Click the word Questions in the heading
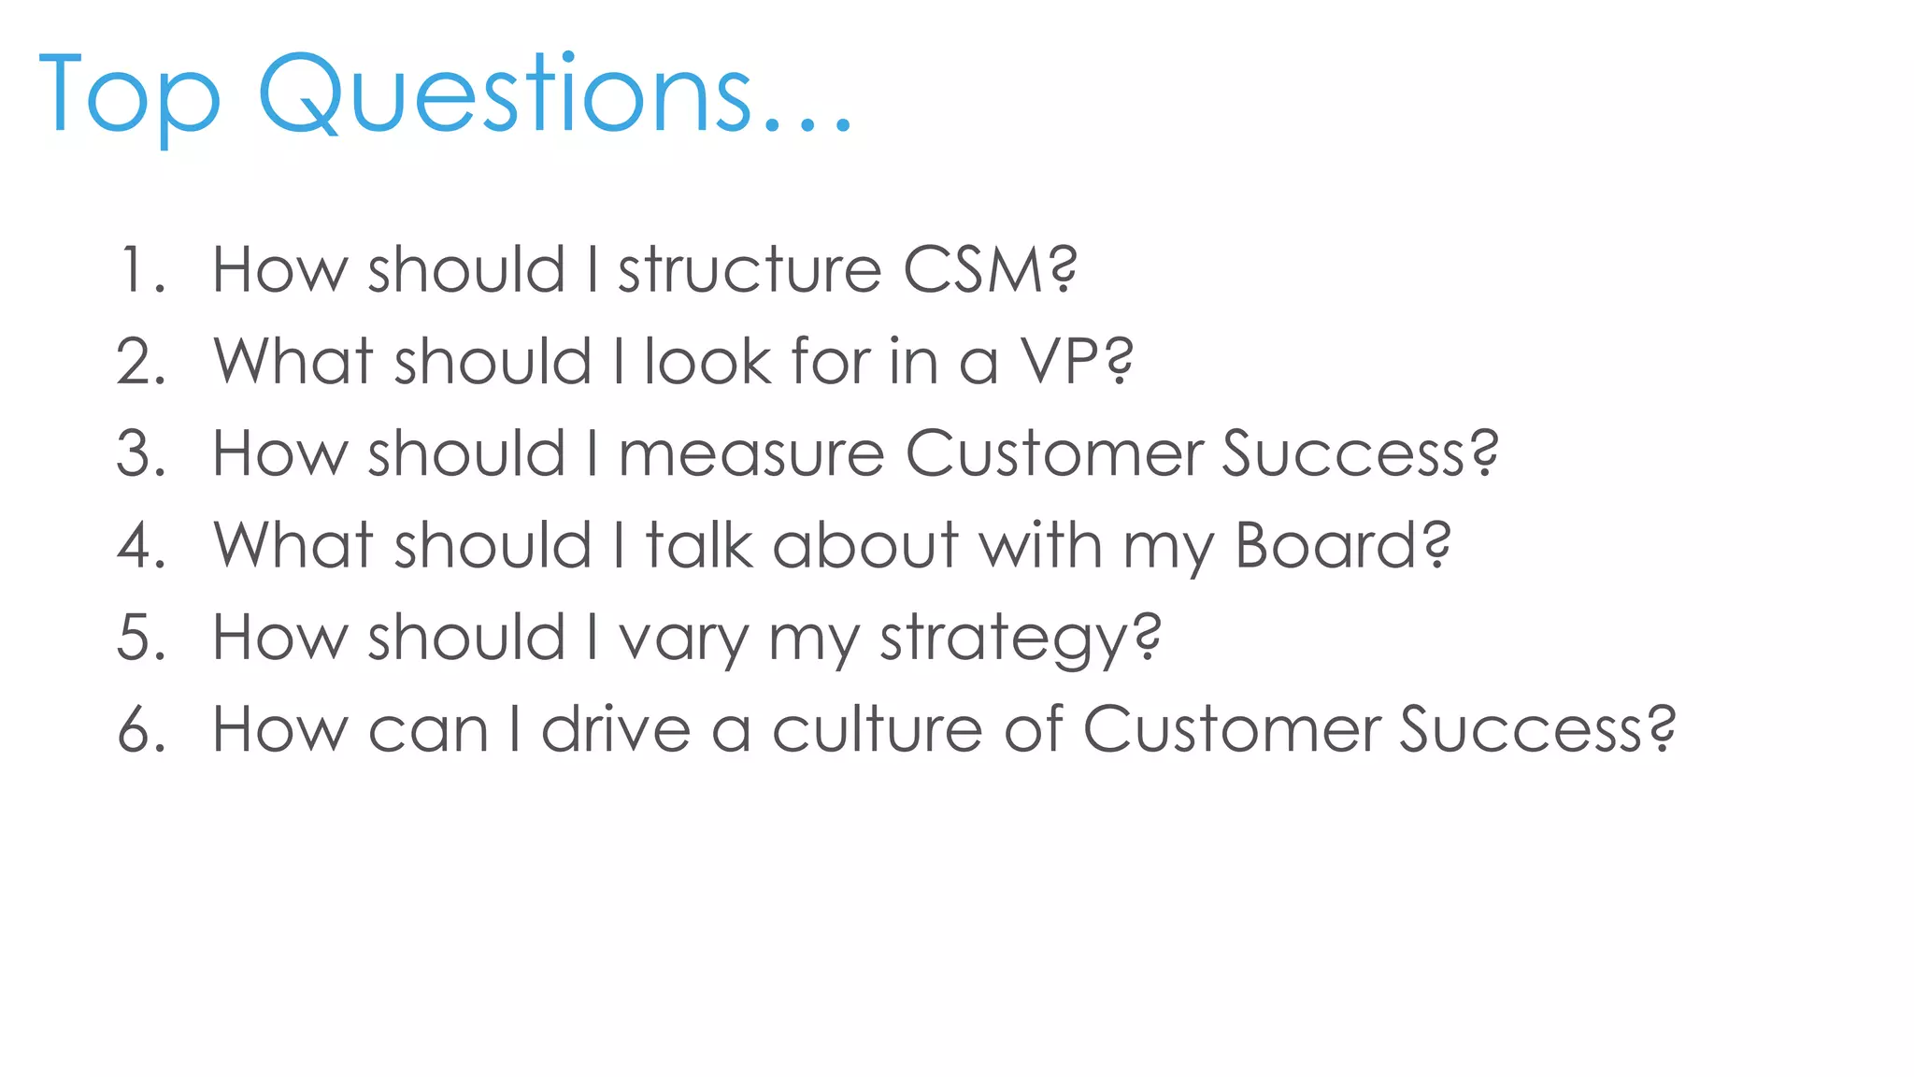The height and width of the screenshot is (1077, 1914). [x=505, y=93]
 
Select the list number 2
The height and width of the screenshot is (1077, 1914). [x=140, y=362]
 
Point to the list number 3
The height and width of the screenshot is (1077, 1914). [x=140, y=453]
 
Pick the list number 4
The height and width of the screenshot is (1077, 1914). [x=140, y=545]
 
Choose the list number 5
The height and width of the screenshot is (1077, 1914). [x=140, y=637]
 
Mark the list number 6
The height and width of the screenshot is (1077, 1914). [x=140, y=729]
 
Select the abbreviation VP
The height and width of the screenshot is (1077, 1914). [x=1060, y=362]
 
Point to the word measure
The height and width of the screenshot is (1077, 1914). [x=751, y=453]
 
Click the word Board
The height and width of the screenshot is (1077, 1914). [x=1327, y=545]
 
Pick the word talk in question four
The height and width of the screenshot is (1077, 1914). [x=699, y=545]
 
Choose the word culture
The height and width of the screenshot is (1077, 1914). [x=877, y=729]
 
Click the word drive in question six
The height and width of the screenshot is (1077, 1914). [x=616, y=729]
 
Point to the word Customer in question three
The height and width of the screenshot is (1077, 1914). [x=1054, y=453]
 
